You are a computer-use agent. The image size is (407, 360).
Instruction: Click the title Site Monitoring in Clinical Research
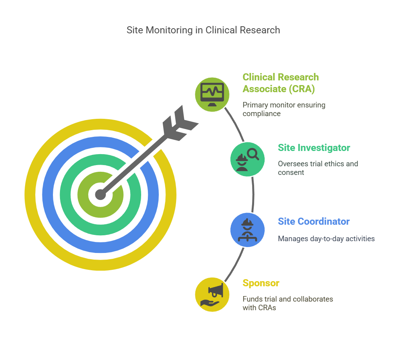203,30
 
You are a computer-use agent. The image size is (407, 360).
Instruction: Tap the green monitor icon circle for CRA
212,95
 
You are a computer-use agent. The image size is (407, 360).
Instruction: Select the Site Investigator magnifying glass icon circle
247,159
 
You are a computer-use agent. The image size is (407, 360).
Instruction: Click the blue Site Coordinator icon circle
247,230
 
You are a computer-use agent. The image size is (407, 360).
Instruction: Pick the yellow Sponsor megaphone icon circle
212,294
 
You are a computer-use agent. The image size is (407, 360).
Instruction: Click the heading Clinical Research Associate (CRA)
280,83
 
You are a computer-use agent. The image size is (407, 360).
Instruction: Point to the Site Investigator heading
314,148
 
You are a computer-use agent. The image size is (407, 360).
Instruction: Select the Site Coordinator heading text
314,222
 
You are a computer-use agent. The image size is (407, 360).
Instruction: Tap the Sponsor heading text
261,283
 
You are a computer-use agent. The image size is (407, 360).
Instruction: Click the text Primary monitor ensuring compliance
284,109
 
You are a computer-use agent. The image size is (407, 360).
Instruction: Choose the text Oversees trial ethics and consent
318,168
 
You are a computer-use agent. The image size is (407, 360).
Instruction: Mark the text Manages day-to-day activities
326,238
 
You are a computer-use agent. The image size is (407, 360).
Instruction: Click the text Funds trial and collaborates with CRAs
287,303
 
